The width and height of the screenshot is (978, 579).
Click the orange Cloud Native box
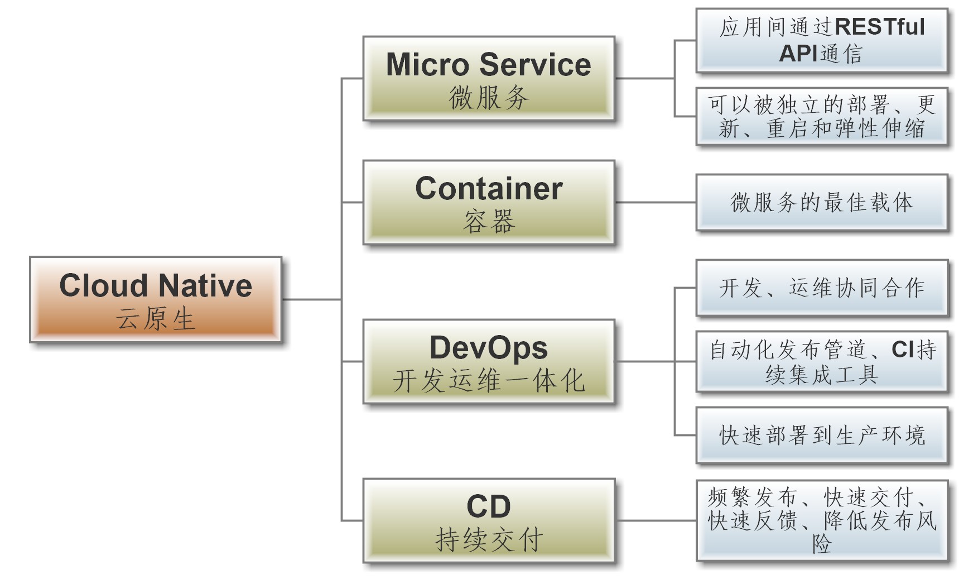click(x=156, y=299)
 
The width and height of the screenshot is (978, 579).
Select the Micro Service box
click(x=489, y=79)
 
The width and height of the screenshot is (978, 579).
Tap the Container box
click(x=489, y=203)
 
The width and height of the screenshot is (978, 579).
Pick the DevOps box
click(x=489, y=362)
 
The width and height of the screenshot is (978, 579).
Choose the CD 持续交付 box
click(x=489, y=520)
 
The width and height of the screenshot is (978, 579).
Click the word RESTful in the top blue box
click(x=880, y=27)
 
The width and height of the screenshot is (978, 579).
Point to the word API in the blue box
click(x=798, y=54)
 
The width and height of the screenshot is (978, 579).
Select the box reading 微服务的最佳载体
click(x=822, y=203)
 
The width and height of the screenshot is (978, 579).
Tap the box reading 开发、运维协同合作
click(x=822, y=288)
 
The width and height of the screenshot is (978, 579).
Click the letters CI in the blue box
click(x=902, y=350)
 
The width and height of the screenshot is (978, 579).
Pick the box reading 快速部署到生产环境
click(x=822, y=436)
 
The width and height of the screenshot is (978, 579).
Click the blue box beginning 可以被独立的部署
click(x=822, y=117)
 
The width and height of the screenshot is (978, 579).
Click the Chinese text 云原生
click(x=156, y=319)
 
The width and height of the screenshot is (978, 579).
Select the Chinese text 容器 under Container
click(x=489, y=222)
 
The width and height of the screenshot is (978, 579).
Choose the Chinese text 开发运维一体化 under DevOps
click(x=489, y=381)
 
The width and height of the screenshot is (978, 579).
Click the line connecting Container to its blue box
click(x=656, y=203)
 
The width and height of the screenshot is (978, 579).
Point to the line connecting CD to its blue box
click(x=656, y=520)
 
